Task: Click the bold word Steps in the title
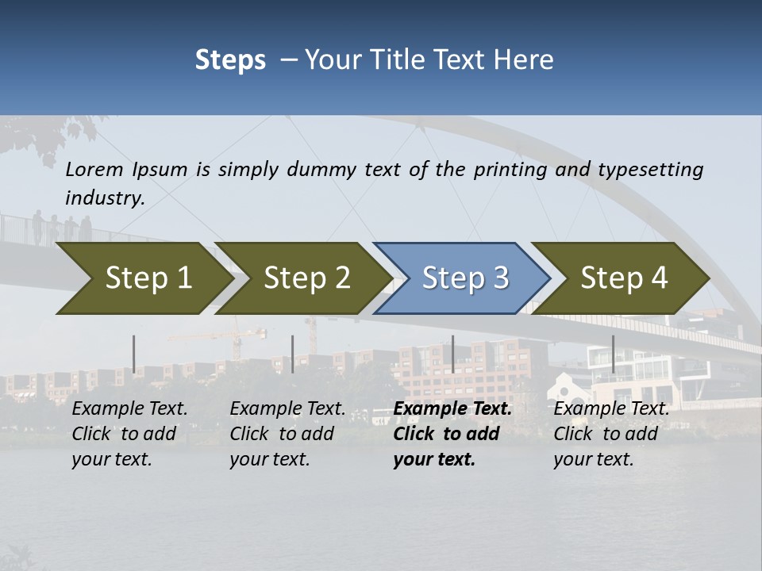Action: (230, 60)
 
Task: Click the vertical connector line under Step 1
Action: (134, 354)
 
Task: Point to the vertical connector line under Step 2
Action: (293, 354)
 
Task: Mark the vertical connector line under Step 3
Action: (452, 354)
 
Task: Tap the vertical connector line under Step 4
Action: (613, 354)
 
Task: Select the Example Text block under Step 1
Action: (129, 434)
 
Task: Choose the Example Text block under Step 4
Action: (611, 434)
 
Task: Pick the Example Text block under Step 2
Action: (287, 434)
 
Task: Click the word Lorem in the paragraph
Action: (94, 170)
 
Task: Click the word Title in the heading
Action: (395, 60)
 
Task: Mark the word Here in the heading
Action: (527, 60)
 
